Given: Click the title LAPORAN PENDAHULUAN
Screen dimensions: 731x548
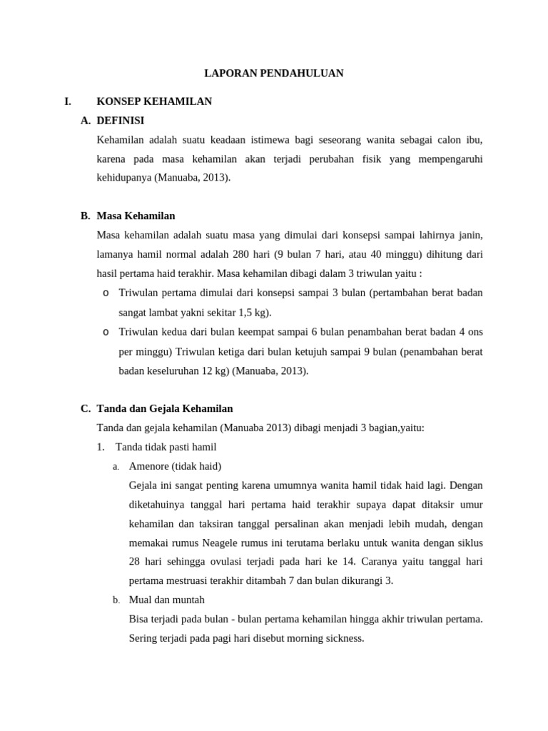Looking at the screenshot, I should click(274, 74).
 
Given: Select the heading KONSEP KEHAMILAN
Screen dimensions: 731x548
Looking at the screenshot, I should click(154, 101).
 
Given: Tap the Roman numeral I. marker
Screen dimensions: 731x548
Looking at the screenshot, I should click(68, 101).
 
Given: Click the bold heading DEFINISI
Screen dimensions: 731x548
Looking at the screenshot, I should click(120, 121).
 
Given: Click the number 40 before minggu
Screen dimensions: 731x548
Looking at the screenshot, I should click(377, 254).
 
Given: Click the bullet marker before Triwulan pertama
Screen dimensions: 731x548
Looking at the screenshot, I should click(106, 293).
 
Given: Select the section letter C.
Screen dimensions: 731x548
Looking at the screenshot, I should click(86, 408).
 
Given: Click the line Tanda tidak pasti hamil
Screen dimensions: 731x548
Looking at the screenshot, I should click(166, 447).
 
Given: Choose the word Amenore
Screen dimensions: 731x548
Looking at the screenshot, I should click(148, 466).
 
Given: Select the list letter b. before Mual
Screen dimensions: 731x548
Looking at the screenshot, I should click(116, 600).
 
